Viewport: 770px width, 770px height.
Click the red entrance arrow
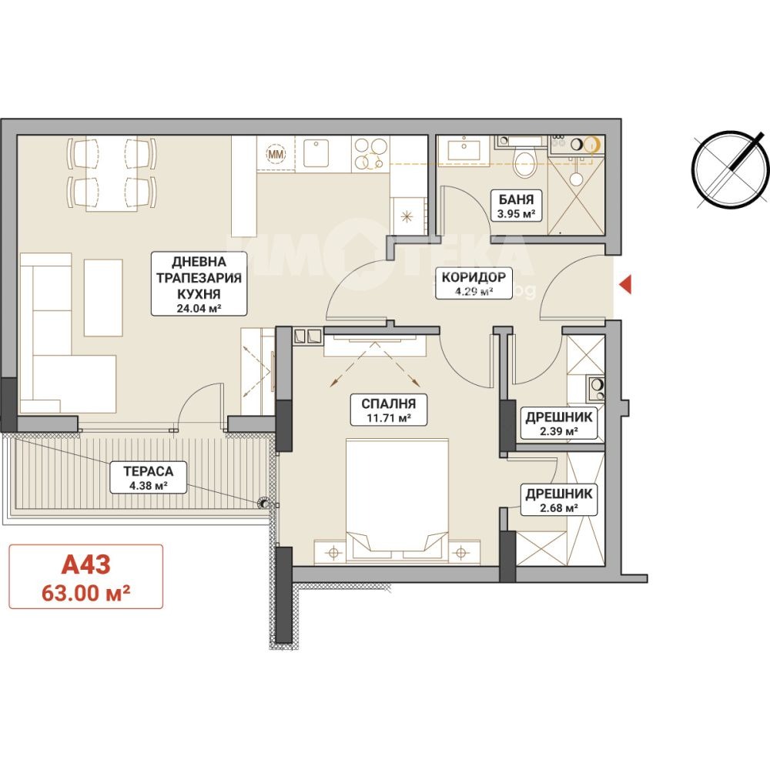click(625, 285)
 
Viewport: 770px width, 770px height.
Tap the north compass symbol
click(730, 170)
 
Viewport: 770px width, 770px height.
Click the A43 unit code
click(86, 564)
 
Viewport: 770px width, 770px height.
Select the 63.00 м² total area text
click(86, 593)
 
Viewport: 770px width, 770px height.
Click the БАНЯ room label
click(516, 199)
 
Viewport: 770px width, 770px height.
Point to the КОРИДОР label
click(474, 277)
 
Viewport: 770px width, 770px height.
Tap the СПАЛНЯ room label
click(388, 403)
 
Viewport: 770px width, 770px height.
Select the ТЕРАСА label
click(149, 471)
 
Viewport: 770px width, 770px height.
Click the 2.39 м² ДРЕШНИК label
click(559, 423)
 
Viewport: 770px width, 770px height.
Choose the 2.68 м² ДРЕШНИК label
click(559, 500)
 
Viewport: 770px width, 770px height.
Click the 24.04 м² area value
click(199, 309)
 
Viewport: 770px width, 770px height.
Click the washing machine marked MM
click(276, 154)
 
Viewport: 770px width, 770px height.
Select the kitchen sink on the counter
click(316, 153)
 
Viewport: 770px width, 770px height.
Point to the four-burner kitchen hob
click(371, 153)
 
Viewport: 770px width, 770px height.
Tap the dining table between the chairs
click(112, 174)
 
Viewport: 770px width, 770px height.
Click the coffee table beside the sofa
click(103, 297)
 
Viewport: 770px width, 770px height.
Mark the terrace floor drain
click(264, 503)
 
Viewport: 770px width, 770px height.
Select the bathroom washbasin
click(464, 148)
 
